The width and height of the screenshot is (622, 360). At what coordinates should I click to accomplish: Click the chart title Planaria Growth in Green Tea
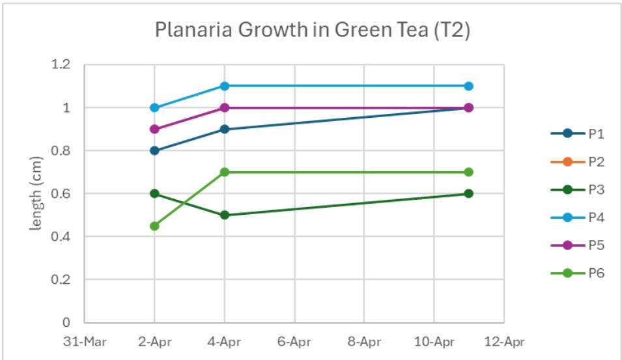(x=312, y=31)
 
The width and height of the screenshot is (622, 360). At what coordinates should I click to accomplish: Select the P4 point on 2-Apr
(x=154, y=107)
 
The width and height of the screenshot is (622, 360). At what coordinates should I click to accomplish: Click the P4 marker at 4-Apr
(x=224, y=86)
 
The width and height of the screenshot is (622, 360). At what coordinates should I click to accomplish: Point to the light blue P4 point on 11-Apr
(x=468, y=86)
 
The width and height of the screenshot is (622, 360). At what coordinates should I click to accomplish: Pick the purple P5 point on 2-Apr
(x=154, y=129)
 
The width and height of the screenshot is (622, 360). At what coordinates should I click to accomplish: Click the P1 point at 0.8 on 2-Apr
(x=154, y=150)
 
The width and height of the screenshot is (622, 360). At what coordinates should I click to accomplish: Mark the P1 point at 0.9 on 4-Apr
(x=224, y=129)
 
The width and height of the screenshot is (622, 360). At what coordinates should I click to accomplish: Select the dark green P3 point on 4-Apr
(x=224, y=215)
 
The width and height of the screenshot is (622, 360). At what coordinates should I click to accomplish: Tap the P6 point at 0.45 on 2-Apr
(x=154, y=226)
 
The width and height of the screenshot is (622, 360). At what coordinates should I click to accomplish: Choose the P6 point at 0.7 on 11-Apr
(x=468, y=172)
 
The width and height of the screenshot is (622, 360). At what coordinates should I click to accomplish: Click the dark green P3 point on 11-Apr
(x=468, y=193)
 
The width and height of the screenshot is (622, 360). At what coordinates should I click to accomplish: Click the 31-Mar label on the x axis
(x=85, y=340)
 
